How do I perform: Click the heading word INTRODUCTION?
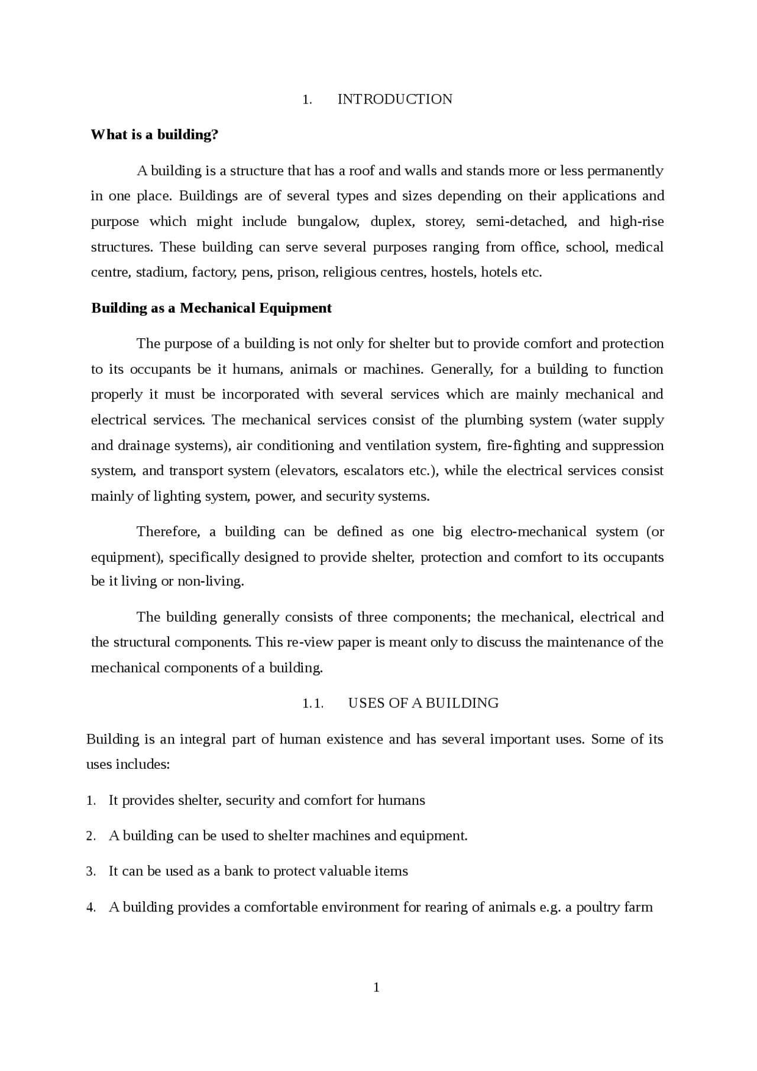(394, 99)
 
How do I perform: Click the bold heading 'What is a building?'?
(154, 135)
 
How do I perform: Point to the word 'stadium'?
(160, 273)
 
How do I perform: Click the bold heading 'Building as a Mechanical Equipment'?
(211, 308)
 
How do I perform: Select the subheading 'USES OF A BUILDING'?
(423, 703)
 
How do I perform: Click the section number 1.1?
(313, 704)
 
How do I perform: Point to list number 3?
(90, 872)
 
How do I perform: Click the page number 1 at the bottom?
(376, 988)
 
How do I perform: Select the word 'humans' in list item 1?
(401, 801)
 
